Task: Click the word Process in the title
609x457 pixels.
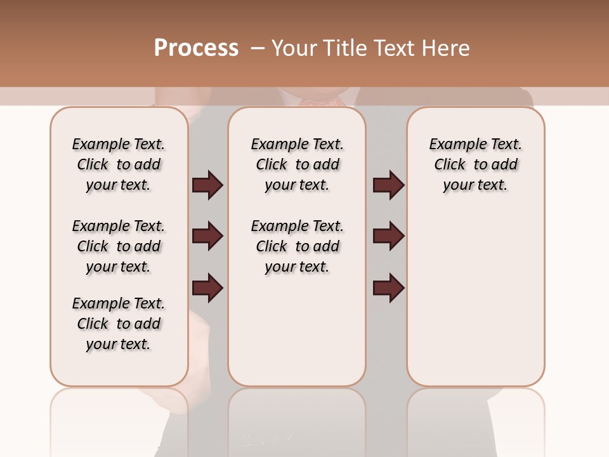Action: [196, 48]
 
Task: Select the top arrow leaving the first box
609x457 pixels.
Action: [207, 185]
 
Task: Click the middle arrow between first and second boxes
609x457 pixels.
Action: [207, 237]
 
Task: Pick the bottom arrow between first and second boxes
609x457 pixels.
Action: [207, 288]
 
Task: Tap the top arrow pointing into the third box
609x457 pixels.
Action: [388, 185]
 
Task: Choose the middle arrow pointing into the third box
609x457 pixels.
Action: [388, 237]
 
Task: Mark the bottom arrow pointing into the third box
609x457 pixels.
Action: [388, 288]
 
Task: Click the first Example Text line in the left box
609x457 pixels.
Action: [119, 144]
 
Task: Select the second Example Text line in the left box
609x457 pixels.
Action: [119, 226]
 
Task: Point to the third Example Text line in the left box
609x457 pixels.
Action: [119, 303]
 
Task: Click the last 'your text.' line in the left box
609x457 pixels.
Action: [119, 344]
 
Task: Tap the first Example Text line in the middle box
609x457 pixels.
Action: [297, 144]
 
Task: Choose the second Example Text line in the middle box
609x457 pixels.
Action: [297, 226]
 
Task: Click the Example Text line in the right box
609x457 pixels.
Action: [476, 144]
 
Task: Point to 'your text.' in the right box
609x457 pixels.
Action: [476, 185]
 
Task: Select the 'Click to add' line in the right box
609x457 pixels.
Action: [476, 164]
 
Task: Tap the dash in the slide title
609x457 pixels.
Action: [258, 48]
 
